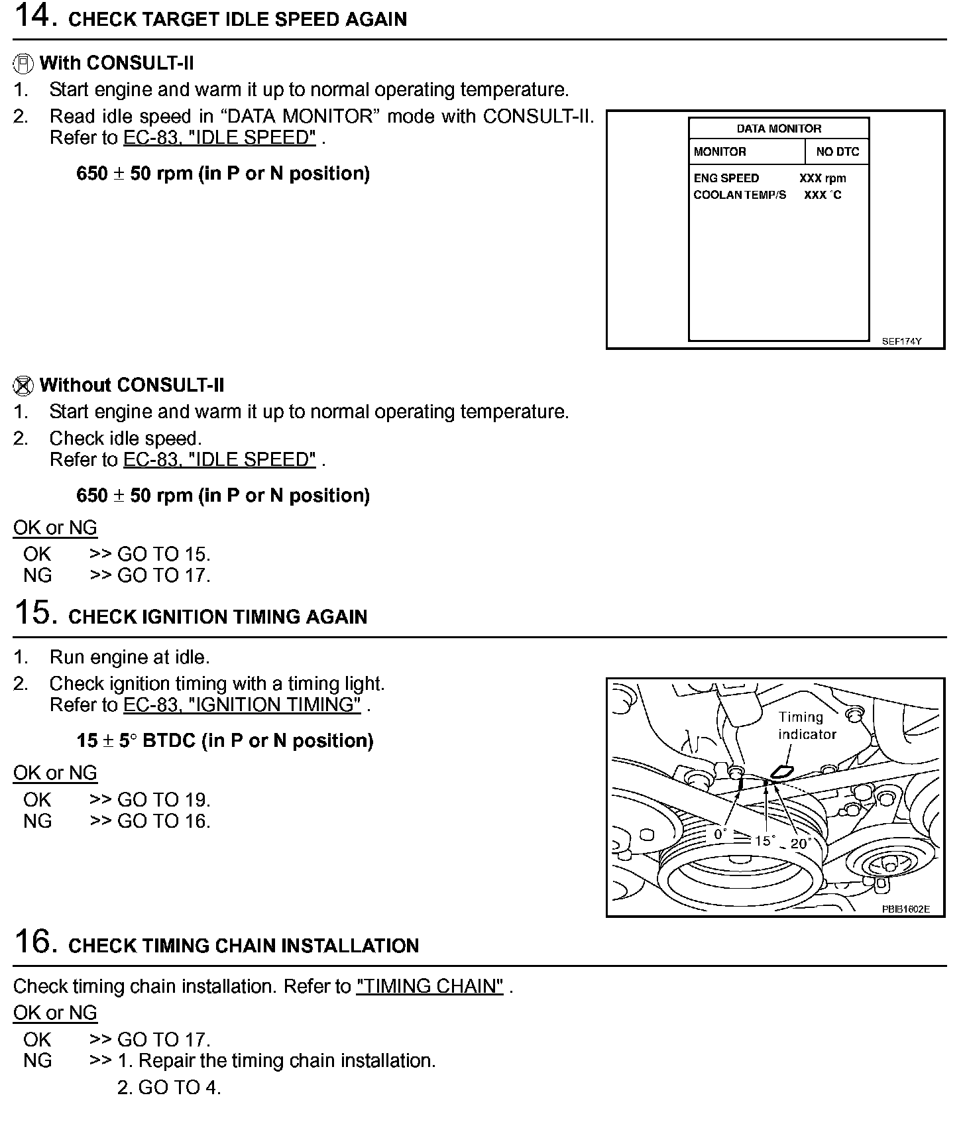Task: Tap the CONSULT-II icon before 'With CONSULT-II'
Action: click(23, 64)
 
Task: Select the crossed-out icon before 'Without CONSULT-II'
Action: click(23, 386)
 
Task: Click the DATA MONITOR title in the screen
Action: click(779, 129)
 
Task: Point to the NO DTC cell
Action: click(837, 152)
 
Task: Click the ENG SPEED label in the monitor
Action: click(726, 178)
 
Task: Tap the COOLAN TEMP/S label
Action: click(740, 195)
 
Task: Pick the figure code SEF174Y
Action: click(901, 342)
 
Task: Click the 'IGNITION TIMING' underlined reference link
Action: click(242, 705)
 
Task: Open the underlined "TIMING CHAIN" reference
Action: click(429, 987)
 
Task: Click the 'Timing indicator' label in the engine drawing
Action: click(807, 726)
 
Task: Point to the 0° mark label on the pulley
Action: click(720, 834)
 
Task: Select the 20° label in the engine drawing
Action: click(801, 844)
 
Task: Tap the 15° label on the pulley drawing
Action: click(765, 840)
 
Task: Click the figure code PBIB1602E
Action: click(905, 909)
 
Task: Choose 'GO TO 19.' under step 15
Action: click(163, 800)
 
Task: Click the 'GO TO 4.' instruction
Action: click(169, 1088)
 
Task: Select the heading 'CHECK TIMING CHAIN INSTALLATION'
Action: click(243, 946)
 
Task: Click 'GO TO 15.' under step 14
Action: click(163, 555)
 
